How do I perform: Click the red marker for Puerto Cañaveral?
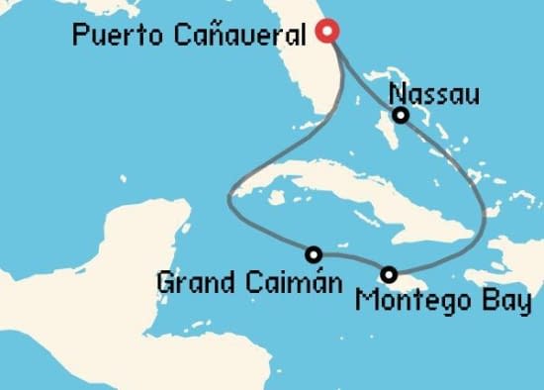tap(328, 33)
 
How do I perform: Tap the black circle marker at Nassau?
tap(401, 116)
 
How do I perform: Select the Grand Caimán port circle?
tap(314, 253)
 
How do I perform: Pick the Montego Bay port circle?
tap(390, 274)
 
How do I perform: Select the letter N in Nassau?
tap(398, 95)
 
